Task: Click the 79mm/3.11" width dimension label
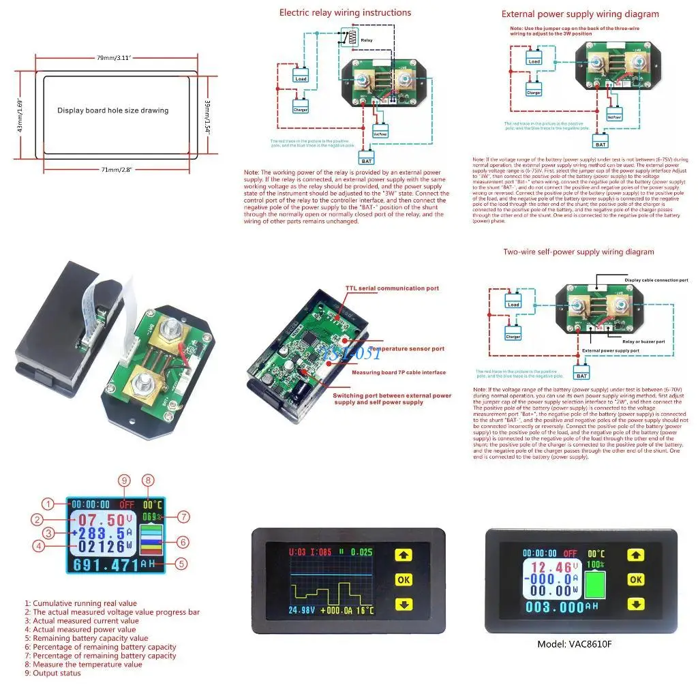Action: point(114,58)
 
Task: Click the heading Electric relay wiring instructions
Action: point(345,12)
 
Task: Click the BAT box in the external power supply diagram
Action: point(600,144)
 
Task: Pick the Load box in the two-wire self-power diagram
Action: point(514,304)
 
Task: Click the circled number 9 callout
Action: point(124,481)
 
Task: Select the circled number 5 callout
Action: point(181,564)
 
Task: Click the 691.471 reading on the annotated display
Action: point(104,564)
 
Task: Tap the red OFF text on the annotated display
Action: point(127,504)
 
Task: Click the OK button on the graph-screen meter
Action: point(404,579)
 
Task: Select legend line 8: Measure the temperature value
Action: point(83,664)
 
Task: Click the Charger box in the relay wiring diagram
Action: point(300,109)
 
